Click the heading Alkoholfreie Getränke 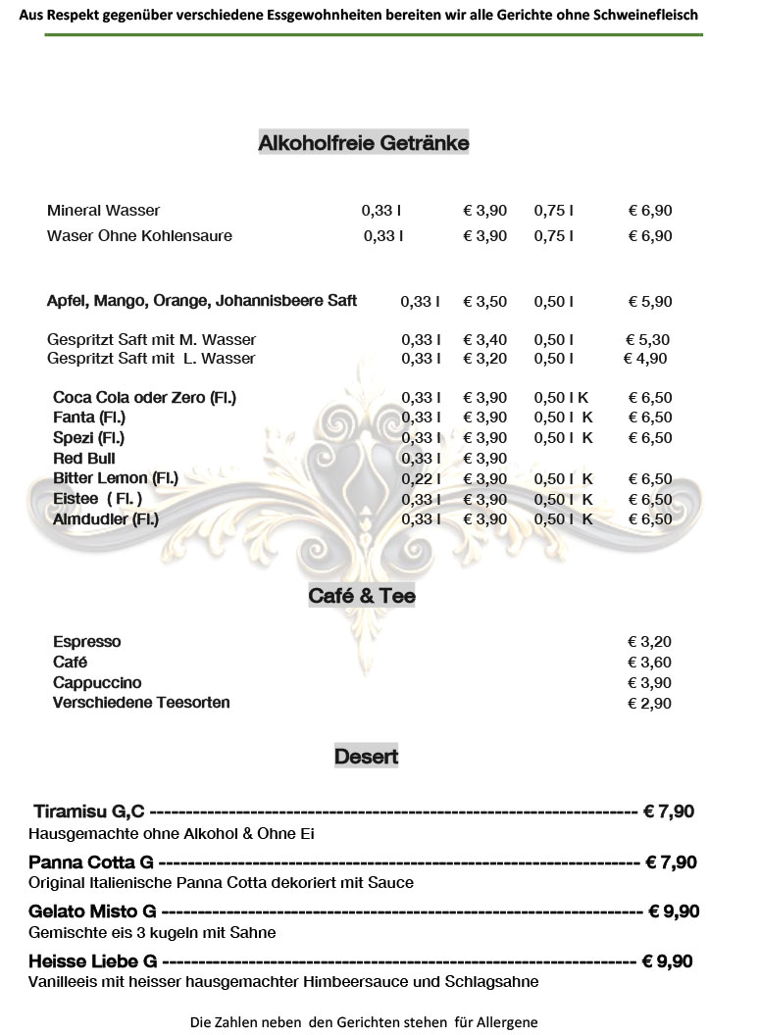(364, 143)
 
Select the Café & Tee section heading (362, 595)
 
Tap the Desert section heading (366, 757)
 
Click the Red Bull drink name (83, 459)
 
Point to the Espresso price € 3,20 (649, 642)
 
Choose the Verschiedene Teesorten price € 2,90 (649, 704)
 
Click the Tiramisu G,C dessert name (89, 812)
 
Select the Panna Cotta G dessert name (91, 862)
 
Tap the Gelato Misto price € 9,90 (674, 912)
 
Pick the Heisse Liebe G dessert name (93, 961)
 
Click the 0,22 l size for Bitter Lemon (421, 479)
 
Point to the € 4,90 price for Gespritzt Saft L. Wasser (645, 359)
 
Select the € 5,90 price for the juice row (650, 302)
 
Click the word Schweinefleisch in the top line (641, 16)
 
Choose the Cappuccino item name (97, 683)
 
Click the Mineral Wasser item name (103, 211)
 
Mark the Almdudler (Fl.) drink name (105, 519)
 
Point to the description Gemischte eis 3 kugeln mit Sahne (152, 933)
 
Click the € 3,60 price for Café (649, 663)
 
